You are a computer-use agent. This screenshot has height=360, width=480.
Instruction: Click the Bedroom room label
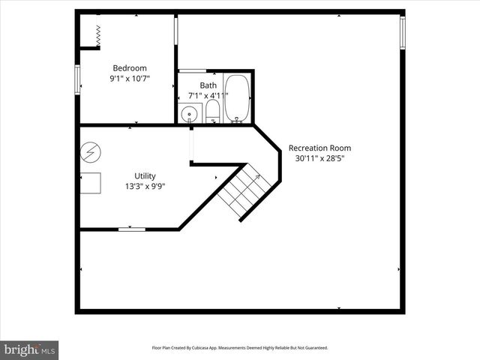[x=130, y=67]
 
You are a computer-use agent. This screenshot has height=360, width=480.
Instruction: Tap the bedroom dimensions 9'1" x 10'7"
[x=130, y=78]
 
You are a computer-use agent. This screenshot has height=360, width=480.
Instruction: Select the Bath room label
[x=208, y=85]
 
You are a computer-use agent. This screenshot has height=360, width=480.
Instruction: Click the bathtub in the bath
[x=238, y=97]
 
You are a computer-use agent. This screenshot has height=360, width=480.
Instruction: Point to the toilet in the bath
[x=213, y=111]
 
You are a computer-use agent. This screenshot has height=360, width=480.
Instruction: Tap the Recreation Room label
[x=319, y=148]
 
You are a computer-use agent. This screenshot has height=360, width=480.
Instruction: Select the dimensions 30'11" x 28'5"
[x=319, y=158]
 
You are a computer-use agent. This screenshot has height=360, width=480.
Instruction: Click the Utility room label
[x=145, y=175]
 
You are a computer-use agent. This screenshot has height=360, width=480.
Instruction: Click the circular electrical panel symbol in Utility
[x=89, y=151]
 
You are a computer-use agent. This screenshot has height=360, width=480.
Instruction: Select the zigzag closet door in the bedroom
[x=97, y=33]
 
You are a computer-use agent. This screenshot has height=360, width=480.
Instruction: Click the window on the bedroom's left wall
[x=77, y=80]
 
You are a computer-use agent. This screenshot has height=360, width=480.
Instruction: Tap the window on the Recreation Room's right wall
[x=402, y=32]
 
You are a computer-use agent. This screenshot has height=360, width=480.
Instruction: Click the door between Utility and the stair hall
[x=192, y=145]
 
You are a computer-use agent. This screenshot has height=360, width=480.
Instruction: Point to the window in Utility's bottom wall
[x=132, y=229]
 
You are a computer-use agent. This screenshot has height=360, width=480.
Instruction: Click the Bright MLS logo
[x=29, y=349]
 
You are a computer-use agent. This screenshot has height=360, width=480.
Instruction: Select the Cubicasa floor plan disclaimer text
[x=239, y=348]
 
